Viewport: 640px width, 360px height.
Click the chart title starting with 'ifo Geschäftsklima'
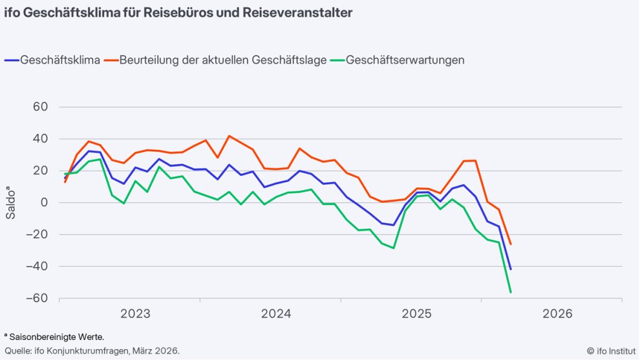tap(178, 13)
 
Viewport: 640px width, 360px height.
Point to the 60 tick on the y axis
tap(41, 107)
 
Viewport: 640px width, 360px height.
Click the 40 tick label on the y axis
tap(41, 139)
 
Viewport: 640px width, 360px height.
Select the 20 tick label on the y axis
tap(41, 171)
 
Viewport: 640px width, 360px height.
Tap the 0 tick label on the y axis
tap(45, 203)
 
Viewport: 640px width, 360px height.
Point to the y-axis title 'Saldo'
tap(12, 202)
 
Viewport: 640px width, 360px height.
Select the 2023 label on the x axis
tap(135, 315)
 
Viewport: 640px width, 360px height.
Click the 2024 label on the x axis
tap(276, 315)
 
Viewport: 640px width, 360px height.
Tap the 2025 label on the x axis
tap(417, 315)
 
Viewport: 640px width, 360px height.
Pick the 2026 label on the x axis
tap(557, 315)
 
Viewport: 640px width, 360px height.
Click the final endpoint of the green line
tap(511, 293)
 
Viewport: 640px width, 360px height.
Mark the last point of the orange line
tap(511, 244)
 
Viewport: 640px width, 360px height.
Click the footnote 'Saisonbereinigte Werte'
tap(54, 337)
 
